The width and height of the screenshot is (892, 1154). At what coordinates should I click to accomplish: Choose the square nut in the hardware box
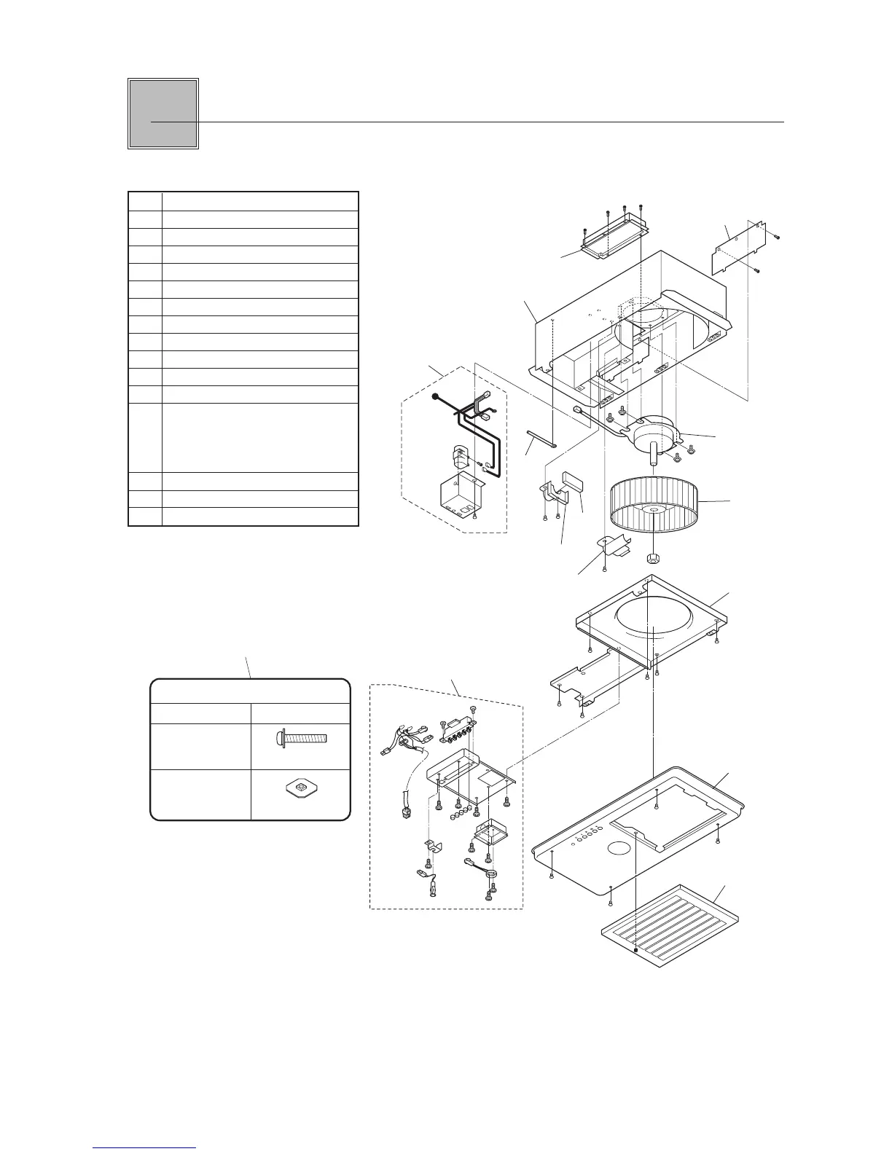300,788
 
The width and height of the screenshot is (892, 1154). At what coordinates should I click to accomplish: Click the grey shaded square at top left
163,114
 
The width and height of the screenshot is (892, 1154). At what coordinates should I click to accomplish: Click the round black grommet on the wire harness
435,397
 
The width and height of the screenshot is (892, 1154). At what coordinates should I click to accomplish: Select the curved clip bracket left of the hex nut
614,546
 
